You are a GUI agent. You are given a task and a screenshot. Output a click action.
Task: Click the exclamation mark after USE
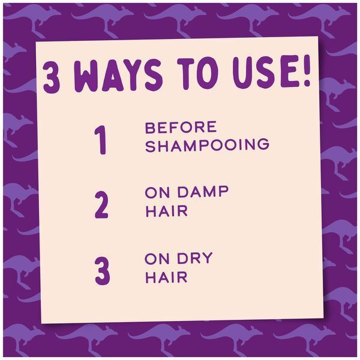(x=306, y=71)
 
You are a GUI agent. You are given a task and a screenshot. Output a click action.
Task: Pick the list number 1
(x=100, y=140)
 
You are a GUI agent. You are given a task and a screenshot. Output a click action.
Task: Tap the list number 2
(x=101, y=205)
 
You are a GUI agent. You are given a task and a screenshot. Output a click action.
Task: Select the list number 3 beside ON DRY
(x=103, y=271)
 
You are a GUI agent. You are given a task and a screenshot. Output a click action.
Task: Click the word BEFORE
(x=181, y=127)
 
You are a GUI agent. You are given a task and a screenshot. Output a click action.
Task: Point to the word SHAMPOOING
(x=207, y=145)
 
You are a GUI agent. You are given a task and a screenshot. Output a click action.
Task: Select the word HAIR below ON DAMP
(x=167, y=211)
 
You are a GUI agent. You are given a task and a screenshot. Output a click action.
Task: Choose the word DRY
(x=194, y=258)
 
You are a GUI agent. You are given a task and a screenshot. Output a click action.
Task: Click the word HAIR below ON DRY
(x=167, y=277)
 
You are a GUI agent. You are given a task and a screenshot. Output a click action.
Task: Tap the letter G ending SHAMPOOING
(x=263, y=144)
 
